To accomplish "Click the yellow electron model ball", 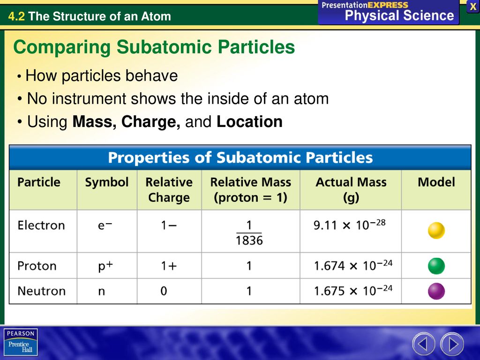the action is coord(436,231).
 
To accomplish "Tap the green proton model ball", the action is coord(436,266).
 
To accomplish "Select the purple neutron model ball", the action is coord(436,291).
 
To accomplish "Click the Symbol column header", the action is coord(106,182).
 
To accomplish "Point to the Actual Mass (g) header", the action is coord(351,190).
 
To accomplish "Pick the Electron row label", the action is coord(41,225).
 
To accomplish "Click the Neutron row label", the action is coord(41,291).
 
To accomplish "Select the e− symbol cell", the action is coord(105,225).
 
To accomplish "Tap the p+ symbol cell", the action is coord(105,266).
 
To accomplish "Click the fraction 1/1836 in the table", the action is coord(249,233).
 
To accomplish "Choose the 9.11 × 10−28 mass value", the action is coord(349,225).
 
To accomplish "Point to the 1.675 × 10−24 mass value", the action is coord(353,291).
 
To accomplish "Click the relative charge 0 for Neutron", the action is coord(164,291).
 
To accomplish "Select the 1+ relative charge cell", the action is coord(169,266).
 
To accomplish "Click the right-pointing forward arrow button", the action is coord(452,344).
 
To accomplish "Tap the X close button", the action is coord(473,7).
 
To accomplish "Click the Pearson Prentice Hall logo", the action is coord(21,342).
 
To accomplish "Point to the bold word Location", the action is coord(249,121).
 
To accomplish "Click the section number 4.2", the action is coord(16,16).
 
